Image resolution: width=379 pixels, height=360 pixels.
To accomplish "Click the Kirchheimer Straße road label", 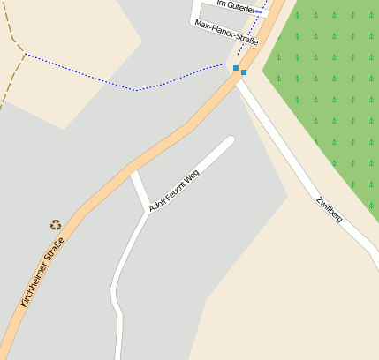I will click(x=42, y=272).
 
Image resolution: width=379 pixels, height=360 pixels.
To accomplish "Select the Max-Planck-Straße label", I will click(x=225, y=32).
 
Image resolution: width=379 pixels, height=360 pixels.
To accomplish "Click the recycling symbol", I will click(x=57, y=225).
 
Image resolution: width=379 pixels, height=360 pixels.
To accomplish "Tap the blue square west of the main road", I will click(x=236, y=67).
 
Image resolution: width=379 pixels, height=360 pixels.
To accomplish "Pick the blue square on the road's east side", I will click(x=244, y=72).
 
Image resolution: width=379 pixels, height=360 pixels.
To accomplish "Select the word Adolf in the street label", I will click(x=157, y=202).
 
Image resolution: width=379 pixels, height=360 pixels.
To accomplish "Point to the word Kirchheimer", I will click(x=33, y=285).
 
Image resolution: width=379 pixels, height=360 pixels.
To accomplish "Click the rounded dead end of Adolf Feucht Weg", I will click(x=230, y=140).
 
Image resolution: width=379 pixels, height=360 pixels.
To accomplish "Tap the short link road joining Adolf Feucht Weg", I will click(x=139, y=191).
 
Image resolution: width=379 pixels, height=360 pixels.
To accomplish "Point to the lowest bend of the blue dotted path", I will click(x=136, y=89).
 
